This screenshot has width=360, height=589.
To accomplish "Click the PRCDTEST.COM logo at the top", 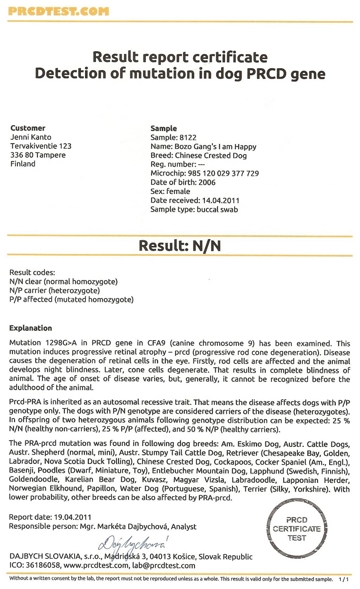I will (x=58, y=11).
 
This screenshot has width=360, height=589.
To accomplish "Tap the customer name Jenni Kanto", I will (x=31, y=137).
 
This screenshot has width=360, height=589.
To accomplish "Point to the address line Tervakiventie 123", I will (x=41, y=146).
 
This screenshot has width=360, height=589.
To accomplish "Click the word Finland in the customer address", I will (x=23, y=164).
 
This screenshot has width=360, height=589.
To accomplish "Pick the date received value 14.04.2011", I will (x=220, y=200).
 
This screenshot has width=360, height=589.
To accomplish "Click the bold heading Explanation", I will (x=31, y=328).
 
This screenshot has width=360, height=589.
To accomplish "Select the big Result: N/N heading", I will (x=180, y=246).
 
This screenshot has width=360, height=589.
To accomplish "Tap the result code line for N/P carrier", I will (x=54, y=290).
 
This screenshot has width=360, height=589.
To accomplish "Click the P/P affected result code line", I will (x=71, y=299).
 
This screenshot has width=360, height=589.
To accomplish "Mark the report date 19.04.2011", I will (x=72, y=517).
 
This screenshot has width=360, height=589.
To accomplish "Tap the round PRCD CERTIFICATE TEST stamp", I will (x=296, y=529).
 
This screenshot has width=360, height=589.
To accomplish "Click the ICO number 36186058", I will (x=43, y=565).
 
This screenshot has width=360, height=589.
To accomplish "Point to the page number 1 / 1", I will (x=343, y=579).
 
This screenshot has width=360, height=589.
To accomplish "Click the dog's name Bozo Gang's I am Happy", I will (x=215, y=147).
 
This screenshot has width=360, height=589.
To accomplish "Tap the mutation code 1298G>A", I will (x=61, y=343).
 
